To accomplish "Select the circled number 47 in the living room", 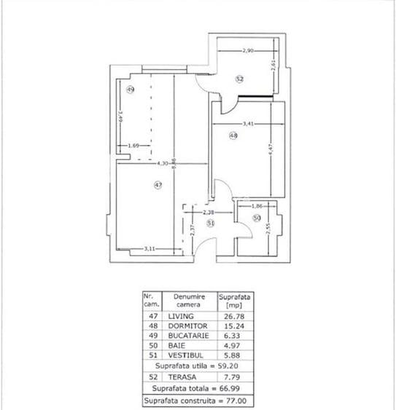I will pos(158,186).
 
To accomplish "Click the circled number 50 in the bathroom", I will pos(257,218).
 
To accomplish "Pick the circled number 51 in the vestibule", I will pos(210,224).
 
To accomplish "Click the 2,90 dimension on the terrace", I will pos(249,50).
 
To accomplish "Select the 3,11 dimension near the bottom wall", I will pos(150,249).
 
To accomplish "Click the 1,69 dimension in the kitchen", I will pos(133,146).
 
